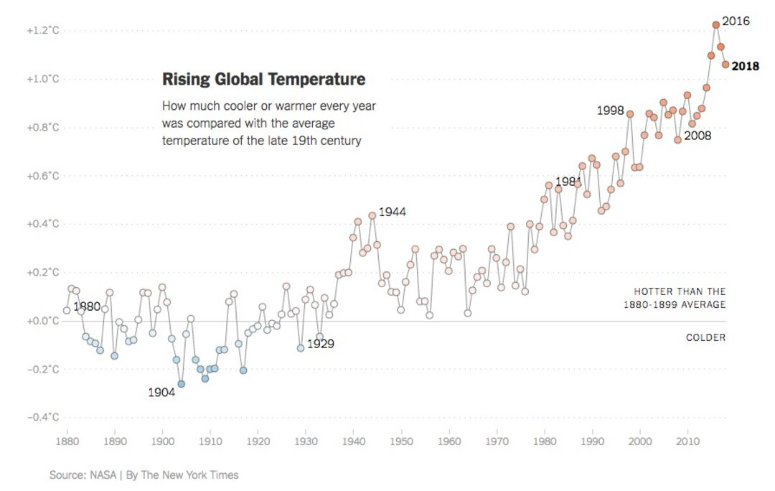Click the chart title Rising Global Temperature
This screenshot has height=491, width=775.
point(263,79)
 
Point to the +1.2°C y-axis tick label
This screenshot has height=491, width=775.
point(42,31)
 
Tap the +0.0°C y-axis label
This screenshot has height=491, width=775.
point(42,321)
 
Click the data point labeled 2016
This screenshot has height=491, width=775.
point(715,24)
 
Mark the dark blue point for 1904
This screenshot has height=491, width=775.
point(181,384)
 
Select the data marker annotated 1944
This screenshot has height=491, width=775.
point(372,215)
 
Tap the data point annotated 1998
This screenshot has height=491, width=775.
point(630,113)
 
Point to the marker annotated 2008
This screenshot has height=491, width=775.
point(677,140)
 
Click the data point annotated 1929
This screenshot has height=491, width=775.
point(301,348)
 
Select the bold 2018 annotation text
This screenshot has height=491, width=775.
point(745,66)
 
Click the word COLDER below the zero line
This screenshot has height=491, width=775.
point(705,337)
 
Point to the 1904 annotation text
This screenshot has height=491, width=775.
point(161,393)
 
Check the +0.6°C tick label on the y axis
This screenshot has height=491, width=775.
point(42,176)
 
